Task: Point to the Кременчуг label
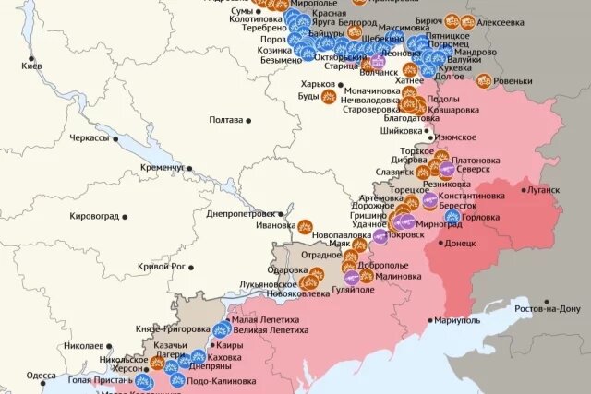[162, 168]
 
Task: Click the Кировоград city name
[94, 216]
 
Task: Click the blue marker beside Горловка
[452, 218]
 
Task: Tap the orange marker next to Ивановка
[306, 225]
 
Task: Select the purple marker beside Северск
[447, 170]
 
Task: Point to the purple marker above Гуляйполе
[352, 277]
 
